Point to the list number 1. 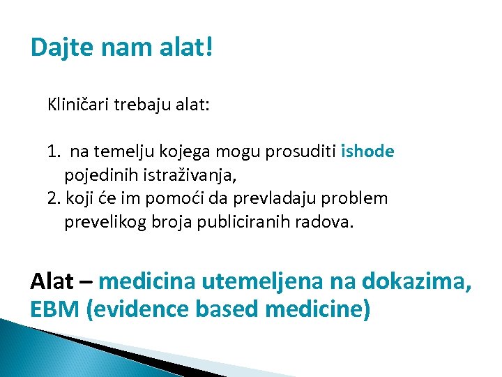pyautogui.click(x=53, y=151)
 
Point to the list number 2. pyautogui.click(x=54, y=198)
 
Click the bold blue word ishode pyautogui.click(x=367, y=151)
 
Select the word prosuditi pyautogui.click(x=303, y=151)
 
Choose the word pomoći pyautogui.click(x=178, y=198)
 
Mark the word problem pyautogui.click(x=353, y=198)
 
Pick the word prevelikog pyautogui.click(x=103, y=222)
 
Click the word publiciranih pyautogui.click(x=235, y=222)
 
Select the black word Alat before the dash pyautogui.click(x=52, y=281)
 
